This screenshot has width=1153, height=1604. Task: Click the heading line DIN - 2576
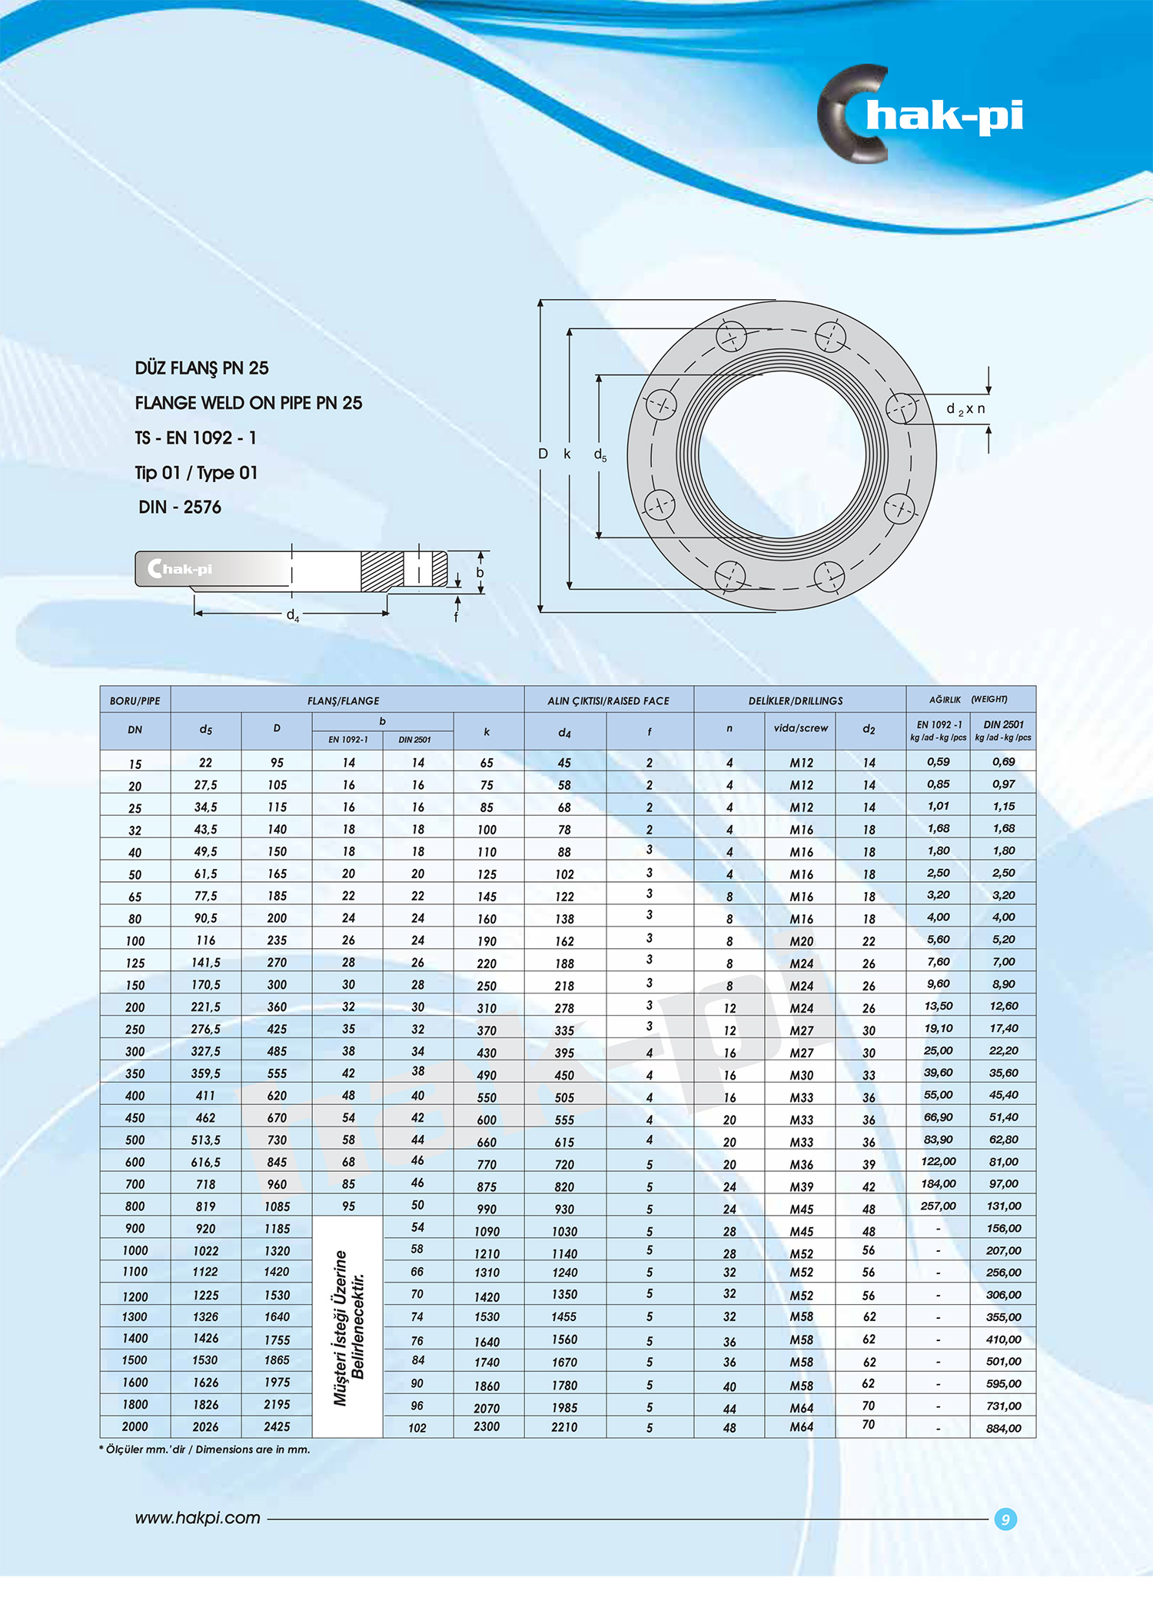[180, 507]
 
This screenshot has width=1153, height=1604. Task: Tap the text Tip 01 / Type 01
[196, 473]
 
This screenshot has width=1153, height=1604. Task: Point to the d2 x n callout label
[965, 409]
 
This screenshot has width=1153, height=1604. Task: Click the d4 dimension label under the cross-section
[292, 615]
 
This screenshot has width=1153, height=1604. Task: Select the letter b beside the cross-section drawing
[480, 573]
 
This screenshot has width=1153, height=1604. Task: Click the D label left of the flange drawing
[543, 454]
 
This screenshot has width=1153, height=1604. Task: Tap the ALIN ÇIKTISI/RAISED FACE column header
[608, 701]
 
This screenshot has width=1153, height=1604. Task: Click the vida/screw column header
[800, 728]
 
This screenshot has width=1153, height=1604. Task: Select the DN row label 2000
[135, 1426]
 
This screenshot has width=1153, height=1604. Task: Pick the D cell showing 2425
[277, 1426]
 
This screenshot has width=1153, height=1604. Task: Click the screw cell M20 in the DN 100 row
[801, 941]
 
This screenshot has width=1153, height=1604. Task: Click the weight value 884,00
[1003, 1428]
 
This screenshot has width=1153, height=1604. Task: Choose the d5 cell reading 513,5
[205, 1140]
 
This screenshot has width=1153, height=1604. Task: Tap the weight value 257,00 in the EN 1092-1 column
[938, 1206]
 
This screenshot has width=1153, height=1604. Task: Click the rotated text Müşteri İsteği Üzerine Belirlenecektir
[348, 1327]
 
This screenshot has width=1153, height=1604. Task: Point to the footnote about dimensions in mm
[204, 1449]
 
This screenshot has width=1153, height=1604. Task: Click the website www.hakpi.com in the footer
[198, 1518]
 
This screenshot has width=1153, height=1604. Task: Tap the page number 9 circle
[1005, 1519]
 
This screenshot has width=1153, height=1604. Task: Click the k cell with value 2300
[487, 1426]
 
